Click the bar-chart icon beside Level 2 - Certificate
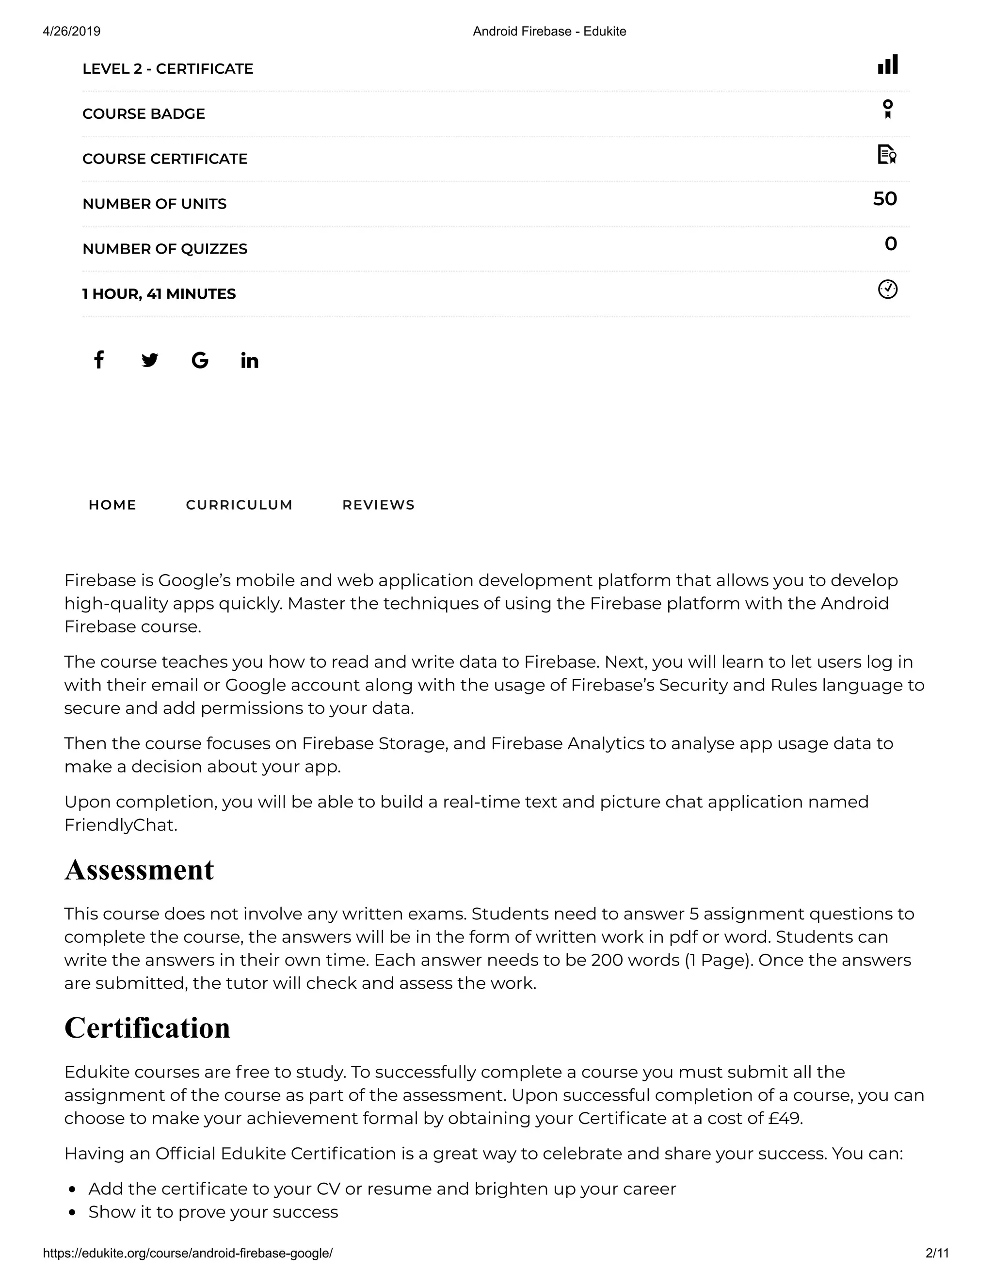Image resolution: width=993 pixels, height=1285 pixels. click(888, 64)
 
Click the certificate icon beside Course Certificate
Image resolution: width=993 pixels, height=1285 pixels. click(886, 154)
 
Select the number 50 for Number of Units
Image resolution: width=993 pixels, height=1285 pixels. click(885, 199)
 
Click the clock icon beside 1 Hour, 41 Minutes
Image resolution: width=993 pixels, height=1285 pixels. click(888, 289)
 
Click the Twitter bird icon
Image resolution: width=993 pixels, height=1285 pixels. click(149, 360)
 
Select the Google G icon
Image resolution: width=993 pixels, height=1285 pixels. click(200, 360)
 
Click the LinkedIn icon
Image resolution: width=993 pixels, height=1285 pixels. click(249, 360)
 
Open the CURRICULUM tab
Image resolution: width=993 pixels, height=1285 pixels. click(239, 505)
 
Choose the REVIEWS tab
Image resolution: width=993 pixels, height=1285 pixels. click(378, 505)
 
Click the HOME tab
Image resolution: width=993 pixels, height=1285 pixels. click(112, 505)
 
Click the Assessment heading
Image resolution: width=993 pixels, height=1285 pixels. click(140, 869)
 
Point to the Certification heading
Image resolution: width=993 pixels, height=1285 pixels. click(147, 1028)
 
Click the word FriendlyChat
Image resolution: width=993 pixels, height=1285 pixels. click(120, 825)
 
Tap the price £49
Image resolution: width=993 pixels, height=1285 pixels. click(785, 1118)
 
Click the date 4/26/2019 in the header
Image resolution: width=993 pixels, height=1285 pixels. click(72, 31)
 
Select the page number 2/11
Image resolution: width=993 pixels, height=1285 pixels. click(937, 1253)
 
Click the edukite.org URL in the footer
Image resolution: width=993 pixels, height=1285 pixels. click(188, 1253)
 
